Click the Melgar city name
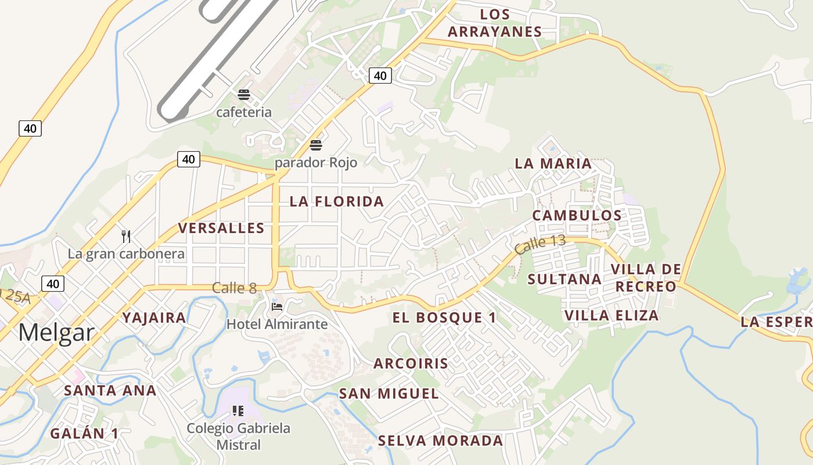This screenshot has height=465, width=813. pos(56,333)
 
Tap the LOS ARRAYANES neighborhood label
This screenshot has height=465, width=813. pos(495,23)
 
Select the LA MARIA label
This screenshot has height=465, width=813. pos(553,164)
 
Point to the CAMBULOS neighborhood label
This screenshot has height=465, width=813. pos(577,215)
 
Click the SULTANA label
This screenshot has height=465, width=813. pos(564,279)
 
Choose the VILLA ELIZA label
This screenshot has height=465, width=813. pos(611,316)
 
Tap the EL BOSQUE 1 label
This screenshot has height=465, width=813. pos(444,317)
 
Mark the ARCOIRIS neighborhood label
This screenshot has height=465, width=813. pos(411,364)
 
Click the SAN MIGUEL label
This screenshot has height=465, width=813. pos(388,394)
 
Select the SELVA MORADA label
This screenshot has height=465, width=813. pos(440,441)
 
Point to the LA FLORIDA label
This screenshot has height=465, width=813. pos(337,202)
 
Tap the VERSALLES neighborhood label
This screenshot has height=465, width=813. pos(221,228)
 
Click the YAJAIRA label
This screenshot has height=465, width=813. pos(154,317)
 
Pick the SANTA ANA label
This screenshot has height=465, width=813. pos(110,390)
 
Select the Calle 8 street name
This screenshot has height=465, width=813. pos(234,288)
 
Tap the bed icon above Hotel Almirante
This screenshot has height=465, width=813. pos(277,306)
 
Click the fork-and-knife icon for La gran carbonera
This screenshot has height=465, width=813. pos(126,236)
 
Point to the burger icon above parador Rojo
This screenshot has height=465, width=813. pos(316,145)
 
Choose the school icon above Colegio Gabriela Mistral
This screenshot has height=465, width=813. pos(238,411)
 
